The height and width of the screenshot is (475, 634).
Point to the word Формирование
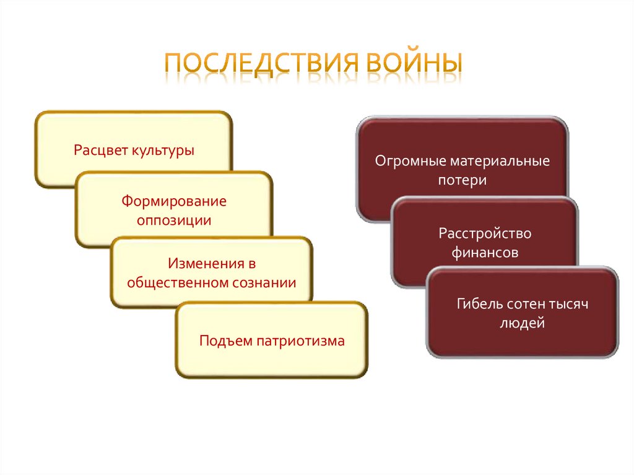[x=174, y=201]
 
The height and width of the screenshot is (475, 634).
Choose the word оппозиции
[x=174, y=220]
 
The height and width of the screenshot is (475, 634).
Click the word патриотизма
[x=299, y=340]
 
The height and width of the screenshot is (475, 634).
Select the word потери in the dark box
[x=462, y=181]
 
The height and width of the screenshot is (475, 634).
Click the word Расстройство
[x=485, y=233]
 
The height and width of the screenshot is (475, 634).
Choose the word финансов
[x=485, y=253]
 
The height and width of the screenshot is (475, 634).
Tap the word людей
[x=522, y=323]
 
